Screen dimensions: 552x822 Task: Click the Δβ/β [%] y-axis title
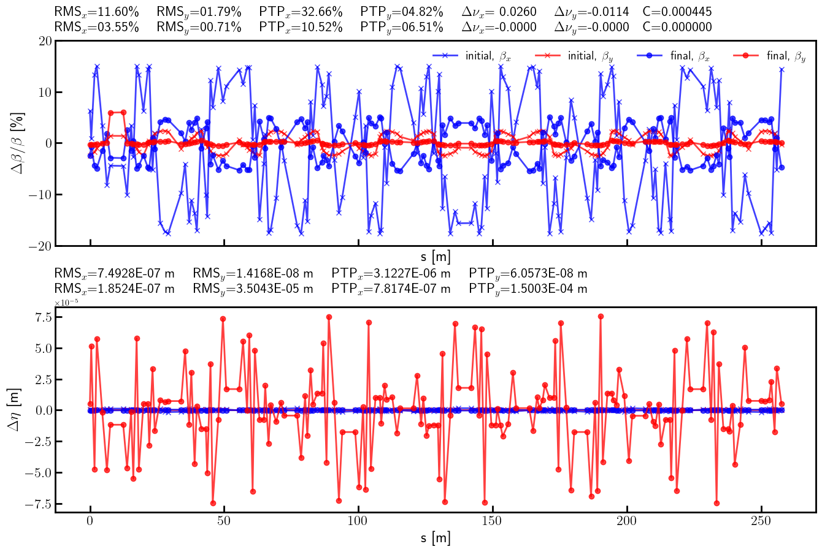pyautogui.click(x=18, y=143)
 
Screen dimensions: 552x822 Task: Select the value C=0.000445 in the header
pyautogui.click(x=677, y=12)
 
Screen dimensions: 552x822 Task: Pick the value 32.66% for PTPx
pyautogui.click(x=321, y=12)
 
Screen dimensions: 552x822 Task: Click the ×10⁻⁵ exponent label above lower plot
pyautogui.click(x=66, y=303)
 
